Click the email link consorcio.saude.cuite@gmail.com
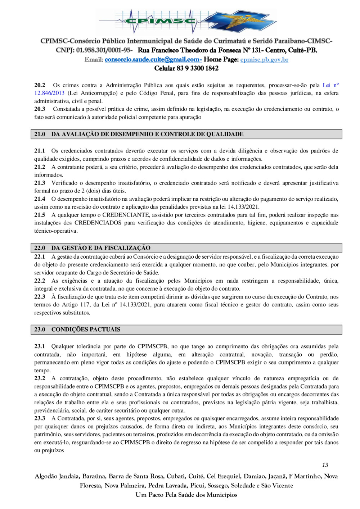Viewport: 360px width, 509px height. pos(153,59)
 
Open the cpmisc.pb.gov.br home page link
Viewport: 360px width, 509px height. pos(264,59)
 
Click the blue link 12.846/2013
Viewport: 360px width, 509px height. pos(49,93)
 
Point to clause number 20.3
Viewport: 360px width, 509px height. pos(40,109)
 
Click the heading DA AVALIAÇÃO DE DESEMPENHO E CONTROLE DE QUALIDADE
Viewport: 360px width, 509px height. pos(147,134)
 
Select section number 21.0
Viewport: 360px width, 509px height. pos(40,134)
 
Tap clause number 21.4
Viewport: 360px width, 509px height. pos(40,199)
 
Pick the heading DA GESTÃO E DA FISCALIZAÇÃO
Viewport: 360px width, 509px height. pos(101,248)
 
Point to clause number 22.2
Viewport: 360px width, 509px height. pos(40,281)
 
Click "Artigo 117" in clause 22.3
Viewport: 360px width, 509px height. pos(76,305)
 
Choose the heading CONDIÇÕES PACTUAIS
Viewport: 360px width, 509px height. pos(86,330)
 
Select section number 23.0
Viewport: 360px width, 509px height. pos(40,330)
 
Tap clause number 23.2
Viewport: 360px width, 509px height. pos(40,378)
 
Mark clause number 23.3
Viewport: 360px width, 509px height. pos(40,418)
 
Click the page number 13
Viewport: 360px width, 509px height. pos(325,465)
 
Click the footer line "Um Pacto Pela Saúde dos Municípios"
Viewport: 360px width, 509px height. pos(186,495)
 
